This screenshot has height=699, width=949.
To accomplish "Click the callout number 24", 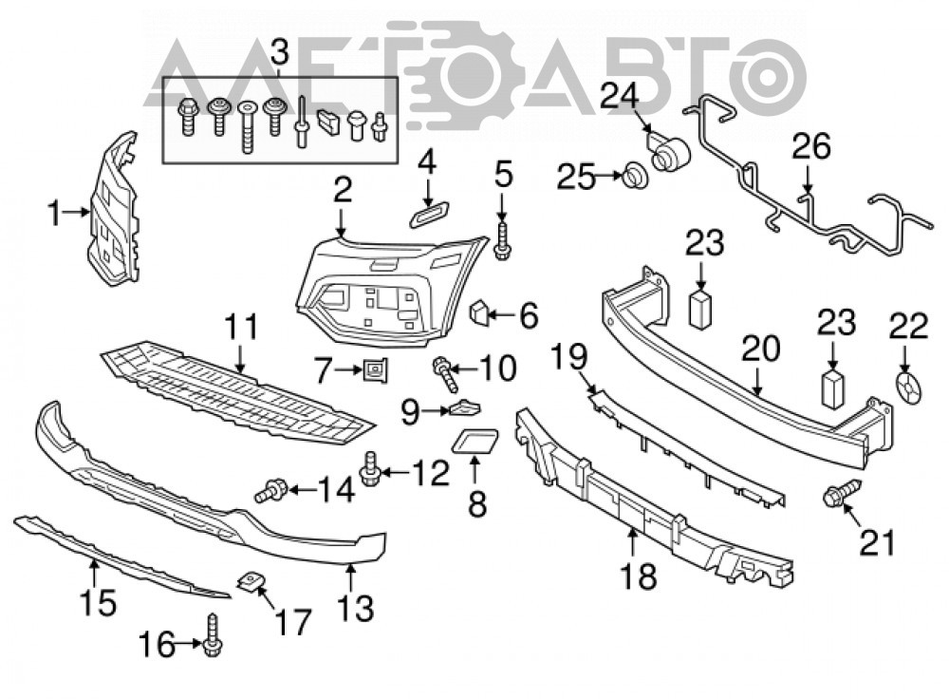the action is point(619,97).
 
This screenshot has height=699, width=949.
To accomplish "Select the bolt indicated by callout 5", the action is point(502,241).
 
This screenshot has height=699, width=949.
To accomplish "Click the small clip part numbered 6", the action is point(478,312).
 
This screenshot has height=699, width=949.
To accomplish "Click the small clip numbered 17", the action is point(251,582).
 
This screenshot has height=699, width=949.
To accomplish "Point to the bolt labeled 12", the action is point(368,468).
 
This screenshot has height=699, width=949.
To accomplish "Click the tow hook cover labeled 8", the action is point(475,441).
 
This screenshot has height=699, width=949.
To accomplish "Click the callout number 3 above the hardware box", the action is point(280,53).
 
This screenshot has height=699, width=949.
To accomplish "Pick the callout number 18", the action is point(638,576).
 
